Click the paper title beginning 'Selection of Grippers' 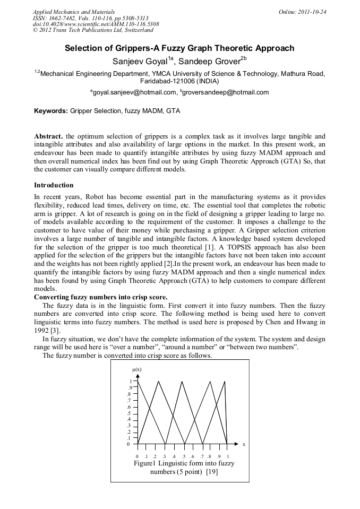pyautogui.click(x=179, y=48)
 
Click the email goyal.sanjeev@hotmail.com pyautogui.click(x=134, y=92)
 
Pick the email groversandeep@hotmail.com pyautogui.click(x=226, y=92)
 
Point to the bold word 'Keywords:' pyautogui.click(x=51, y=111)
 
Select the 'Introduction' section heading pyautogui.click(x=54, y=185)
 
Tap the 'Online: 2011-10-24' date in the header pyautogui.click(x=302, y=12)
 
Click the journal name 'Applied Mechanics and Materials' pyautogui.click(x=74, y=12)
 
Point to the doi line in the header pyautogui.click(x=96, y=24)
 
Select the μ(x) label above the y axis pyautogui.click(x=136, y=369)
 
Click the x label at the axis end pyautogui.click(x=244, y=444)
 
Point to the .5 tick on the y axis pyautogui.click(x=128, y=413)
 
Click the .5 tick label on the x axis pyautogui.click(x=183, y=456)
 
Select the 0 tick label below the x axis pyautogui.click(x=137, y=456)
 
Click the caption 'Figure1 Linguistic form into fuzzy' pyautogui.click(x=184, y=463)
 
